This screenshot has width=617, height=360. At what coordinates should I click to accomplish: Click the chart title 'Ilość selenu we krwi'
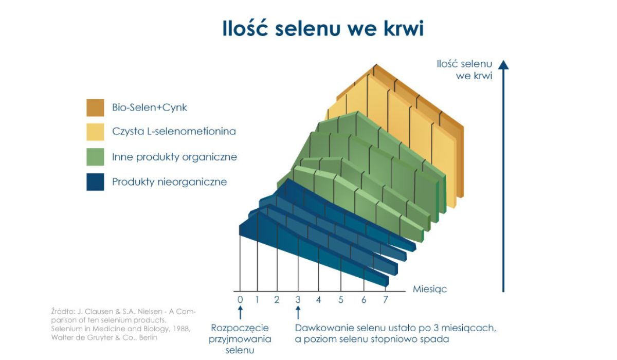click(323, 28)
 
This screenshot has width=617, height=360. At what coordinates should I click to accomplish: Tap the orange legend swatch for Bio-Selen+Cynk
click(95, 107)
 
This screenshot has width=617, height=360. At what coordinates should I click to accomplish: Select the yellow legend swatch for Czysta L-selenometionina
click(95, 132)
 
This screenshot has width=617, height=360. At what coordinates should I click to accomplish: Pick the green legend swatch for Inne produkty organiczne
click(95, 157)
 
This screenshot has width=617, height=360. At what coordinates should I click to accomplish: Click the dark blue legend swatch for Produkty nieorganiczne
click(95, 182)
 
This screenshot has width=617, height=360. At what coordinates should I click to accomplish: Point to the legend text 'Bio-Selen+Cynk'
click(149, 107)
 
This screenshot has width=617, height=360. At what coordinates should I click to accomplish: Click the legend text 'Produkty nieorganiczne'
click(169, 182)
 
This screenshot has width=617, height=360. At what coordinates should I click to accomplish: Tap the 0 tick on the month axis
click(240, 299)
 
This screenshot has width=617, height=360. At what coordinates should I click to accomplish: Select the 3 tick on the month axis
click(298, 299)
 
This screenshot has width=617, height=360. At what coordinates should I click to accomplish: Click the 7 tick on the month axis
click(386, 299)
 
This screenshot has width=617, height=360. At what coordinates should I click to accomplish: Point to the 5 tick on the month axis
click(341, 299)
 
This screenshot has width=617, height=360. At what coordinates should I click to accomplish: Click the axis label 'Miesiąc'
click(430, 289)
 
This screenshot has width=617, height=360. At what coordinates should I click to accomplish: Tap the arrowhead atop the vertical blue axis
click(503, 64)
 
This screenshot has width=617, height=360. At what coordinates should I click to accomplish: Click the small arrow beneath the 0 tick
click(240, 313)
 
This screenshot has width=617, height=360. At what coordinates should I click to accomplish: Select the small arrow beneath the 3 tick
click(298, 313)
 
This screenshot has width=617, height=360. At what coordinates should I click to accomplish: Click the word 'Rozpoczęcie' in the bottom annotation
click(240, 328)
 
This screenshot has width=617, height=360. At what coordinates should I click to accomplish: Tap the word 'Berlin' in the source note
click(148, 337)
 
